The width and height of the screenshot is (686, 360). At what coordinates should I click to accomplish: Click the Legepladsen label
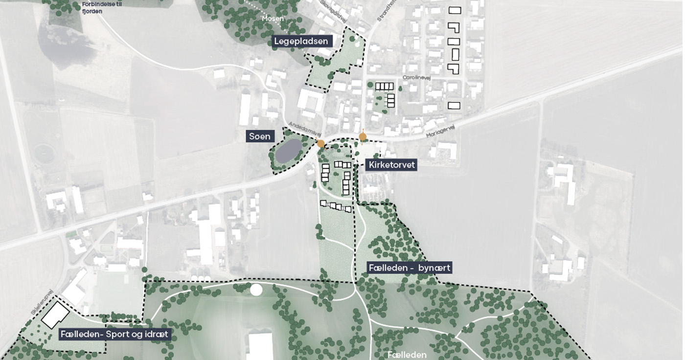point(302,41)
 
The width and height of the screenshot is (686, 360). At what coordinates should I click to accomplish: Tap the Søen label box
point(260,136)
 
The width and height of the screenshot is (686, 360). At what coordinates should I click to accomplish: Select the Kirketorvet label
point(391,165)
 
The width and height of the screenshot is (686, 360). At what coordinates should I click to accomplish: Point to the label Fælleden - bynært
point(409,268)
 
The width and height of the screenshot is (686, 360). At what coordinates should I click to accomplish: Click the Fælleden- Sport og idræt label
point(114,335)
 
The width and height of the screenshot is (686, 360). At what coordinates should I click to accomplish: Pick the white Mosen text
point(273,19)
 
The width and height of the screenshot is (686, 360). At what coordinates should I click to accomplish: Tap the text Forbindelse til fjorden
point(95,8)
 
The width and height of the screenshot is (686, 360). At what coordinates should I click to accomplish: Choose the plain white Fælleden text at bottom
point(407,355)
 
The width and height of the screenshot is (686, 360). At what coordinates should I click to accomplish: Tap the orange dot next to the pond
point(320,143)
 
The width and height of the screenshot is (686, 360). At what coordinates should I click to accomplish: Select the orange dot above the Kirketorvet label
point(363,137)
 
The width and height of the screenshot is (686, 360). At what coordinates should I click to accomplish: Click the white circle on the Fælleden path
point(256,290)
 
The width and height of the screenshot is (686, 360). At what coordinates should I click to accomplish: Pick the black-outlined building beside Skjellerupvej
point(55,314)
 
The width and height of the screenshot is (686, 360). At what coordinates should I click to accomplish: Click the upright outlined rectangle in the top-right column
point(455,54)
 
